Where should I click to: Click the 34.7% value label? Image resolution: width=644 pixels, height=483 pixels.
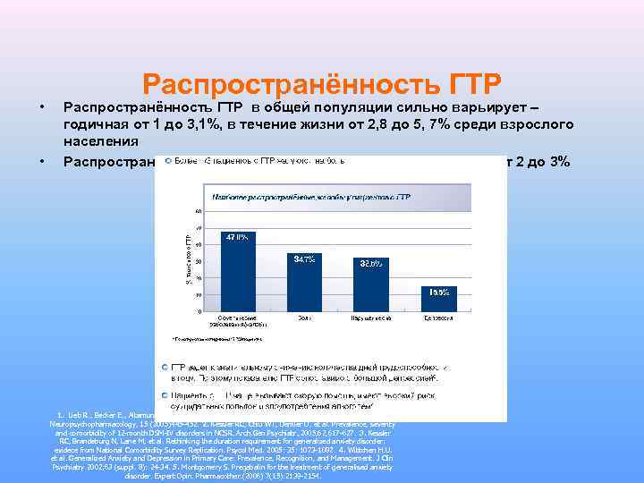point(303,258)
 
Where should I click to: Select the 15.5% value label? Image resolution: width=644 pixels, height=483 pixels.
point(438,292)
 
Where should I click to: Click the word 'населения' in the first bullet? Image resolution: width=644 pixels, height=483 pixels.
point(100,140)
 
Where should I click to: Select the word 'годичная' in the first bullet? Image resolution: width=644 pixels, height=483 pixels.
point(97,123)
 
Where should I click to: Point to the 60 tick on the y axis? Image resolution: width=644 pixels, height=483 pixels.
point(197,211)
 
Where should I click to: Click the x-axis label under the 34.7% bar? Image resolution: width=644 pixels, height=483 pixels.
point(303,318)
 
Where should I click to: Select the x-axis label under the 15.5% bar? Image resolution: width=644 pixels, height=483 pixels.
point(438,318)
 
